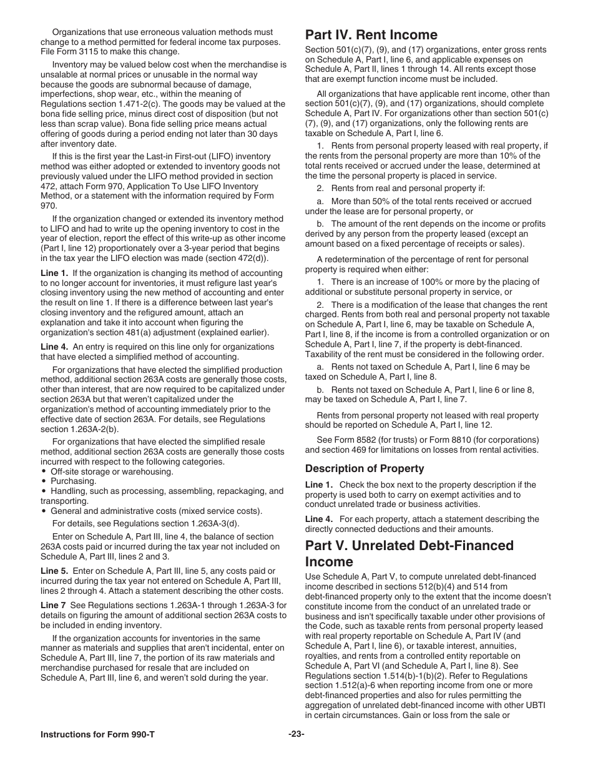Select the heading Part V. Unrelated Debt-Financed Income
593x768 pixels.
point(409,553)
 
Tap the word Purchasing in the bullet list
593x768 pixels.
point(73,481)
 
